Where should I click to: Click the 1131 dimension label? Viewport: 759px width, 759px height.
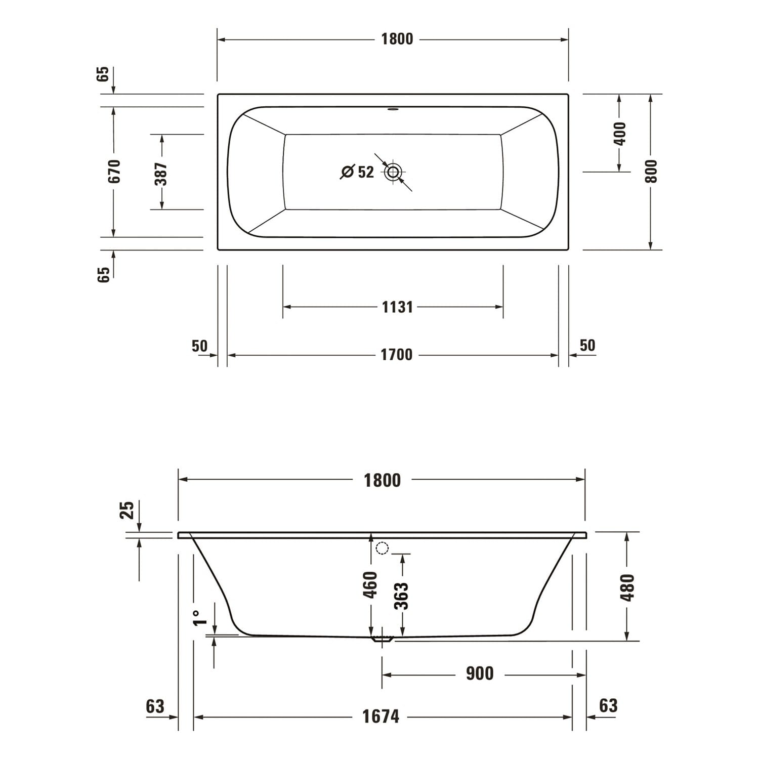tap(397, 307)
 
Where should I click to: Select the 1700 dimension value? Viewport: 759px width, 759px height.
tap(397, 355)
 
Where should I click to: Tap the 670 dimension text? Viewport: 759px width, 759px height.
tap(115, 171)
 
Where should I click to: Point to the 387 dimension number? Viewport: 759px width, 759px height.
tap(161, 174)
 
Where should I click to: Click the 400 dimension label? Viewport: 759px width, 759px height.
tap(620, 133)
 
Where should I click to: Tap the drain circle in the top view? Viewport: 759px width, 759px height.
tap(393, 172)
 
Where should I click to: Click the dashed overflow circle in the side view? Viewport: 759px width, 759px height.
tap(382, 548)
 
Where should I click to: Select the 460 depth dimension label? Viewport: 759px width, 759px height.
tap(371, 584)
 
